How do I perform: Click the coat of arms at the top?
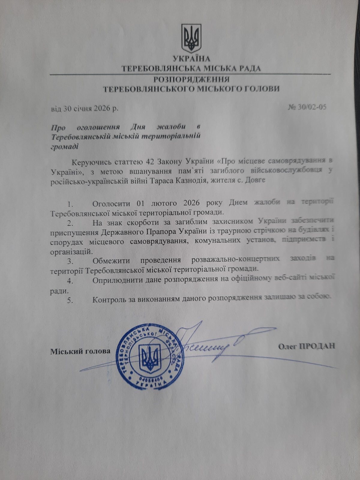191,38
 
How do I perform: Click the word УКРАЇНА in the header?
191,59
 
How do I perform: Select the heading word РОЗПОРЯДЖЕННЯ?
191,79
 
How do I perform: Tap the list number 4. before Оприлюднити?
70,281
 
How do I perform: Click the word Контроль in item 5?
110,299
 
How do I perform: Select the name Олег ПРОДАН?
306,346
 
